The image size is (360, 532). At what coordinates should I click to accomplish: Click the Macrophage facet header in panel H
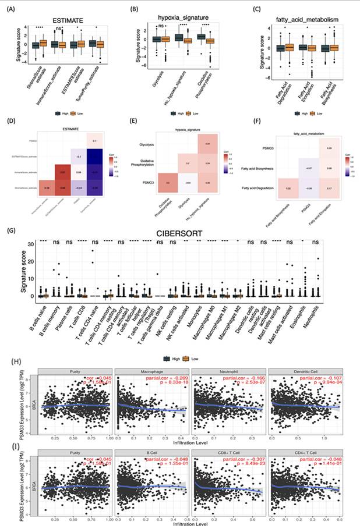point(151,371)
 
